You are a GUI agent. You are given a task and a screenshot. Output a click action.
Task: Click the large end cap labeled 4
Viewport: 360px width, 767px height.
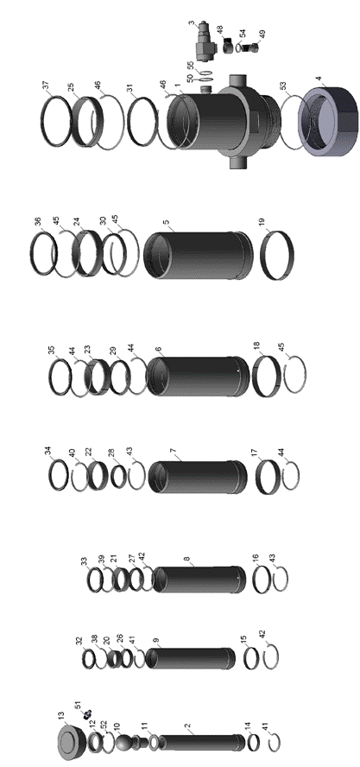coord(328,120)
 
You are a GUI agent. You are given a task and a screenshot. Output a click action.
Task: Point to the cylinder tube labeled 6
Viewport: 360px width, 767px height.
coord(198,377)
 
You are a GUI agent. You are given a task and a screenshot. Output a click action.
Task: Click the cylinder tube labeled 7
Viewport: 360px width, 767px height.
coord(198,477)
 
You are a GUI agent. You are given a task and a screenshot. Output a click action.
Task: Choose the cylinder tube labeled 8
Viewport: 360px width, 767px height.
coord(199,580)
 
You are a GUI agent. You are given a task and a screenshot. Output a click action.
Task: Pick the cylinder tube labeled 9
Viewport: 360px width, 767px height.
coord(190,659)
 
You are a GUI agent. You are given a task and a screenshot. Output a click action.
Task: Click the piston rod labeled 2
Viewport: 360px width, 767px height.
coord(200,742)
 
